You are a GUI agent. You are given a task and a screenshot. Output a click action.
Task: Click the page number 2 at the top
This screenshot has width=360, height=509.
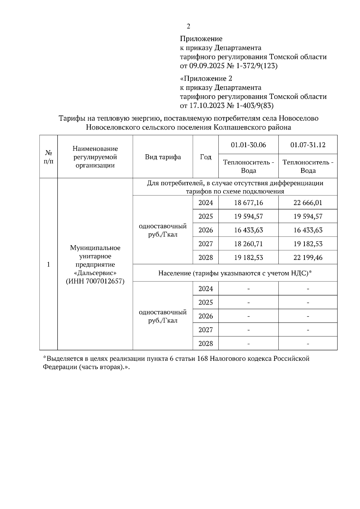pyautogui.click(x=188, y=27)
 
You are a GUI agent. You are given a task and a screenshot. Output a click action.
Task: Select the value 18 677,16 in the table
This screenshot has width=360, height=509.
pyautogui.click(x=248, y=203)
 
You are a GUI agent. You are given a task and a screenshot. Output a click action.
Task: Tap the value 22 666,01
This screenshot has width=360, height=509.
pyautogui.click(x=308, y=203)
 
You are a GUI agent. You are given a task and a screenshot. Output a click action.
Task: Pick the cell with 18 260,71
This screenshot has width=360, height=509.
pyautogui.click(x=248, y=244)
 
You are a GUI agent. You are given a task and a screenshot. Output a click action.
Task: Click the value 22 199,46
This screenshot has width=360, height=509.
pyautogui.click(x=308, y=257)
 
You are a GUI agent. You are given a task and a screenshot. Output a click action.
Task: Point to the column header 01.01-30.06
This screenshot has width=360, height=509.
pyautogui.click(x=248, y=145)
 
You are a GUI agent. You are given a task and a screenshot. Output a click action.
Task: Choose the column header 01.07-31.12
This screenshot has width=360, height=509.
pyautogui.click(x=308, y=145)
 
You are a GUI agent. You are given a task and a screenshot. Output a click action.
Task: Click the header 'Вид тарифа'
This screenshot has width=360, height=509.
pyautogui.click(x=163, y=157)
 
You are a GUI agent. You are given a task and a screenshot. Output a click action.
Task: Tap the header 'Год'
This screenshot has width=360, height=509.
pyautogui.click(x=205, y=157)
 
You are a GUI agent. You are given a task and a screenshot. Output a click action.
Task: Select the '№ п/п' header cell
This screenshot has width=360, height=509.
pyautogui.click(x=49, y=157)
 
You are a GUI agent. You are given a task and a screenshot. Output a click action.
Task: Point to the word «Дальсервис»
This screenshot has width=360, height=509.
pyautogui.click(x=95, y=273)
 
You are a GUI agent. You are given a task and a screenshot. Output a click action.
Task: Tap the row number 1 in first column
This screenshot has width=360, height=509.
pyautogui.click(x=49, y=264)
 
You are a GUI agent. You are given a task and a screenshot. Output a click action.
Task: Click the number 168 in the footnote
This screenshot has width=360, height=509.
pyautogui.click(x=203, y=359)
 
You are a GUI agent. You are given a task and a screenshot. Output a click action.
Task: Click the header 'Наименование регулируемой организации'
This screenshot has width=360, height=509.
pyautogui.click(x=95, y=157)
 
